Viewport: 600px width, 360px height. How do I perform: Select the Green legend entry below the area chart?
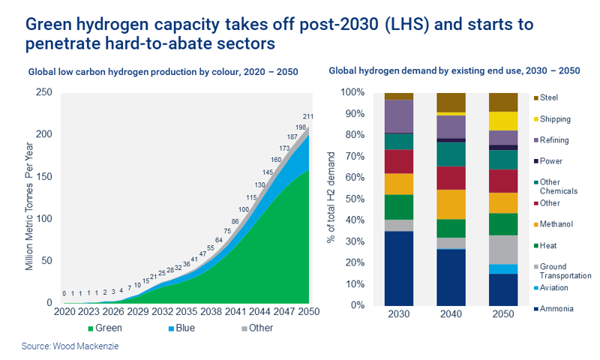(107, 328)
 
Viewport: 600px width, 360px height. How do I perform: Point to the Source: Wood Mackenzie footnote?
(65, 347)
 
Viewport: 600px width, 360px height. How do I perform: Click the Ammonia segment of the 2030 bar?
(398, 268)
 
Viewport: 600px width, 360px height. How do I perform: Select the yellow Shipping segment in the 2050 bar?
(503, 121)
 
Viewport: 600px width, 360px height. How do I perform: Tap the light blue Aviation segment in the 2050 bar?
(503, 269)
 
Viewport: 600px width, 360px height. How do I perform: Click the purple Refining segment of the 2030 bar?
(398, 116)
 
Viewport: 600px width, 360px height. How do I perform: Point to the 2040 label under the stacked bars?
(451, 315)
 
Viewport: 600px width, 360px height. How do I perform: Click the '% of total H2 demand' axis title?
(332, 199)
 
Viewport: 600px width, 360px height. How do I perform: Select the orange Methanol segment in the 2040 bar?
(451, 204)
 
